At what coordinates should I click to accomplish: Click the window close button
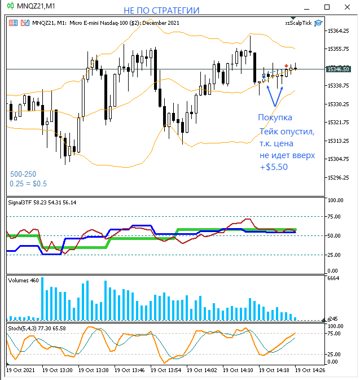click(346, 6)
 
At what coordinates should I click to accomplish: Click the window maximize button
click(327, 6)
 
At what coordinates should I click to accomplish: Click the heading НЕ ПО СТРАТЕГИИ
click(161, 11)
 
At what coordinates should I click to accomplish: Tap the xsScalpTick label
click(298, 23)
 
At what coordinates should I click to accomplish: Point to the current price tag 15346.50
click(338, 69)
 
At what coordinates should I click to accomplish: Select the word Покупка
click(275, 117)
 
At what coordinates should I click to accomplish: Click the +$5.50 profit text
click(273, 167)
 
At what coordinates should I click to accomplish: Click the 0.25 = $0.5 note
click(28, 184)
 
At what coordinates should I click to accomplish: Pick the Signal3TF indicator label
click(42, 202)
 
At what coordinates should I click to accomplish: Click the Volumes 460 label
click(23, 281)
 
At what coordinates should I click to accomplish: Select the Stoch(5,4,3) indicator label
click(36, 327)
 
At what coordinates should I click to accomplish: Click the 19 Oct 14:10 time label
click(238, 370)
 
